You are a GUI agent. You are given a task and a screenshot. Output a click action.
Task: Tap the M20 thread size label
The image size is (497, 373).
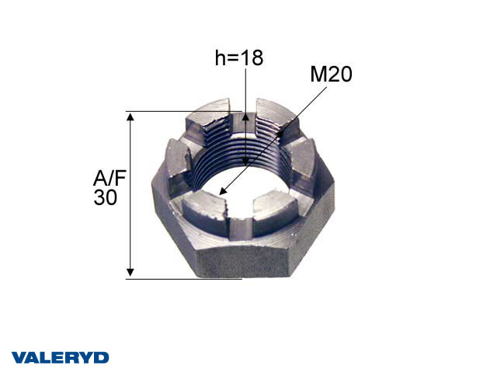(x=331, y=75)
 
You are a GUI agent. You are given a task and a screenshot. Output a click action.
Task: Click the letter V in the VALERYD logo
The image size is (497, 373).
(x=18, y=357)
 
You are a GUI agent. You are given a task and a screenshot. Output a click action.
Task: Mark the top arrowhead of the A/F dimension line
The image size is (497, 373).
(x=131, y=117)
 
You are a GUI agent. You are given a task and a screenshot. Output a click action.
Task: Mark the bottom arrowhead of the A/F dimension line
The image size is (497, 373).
(x=131, y=271)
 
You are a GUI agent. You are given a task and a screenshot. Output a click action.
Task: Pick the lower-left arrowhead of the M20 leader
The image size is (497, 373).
(x=223, y=190)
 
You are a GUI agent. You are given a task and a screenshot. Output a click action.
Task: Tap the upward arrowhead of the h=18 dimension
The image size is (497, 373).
(x=245, y=117)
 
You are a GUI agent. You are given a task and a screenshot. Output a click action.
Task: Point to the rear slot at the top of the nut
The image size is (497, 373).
(x=245, y=109)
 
